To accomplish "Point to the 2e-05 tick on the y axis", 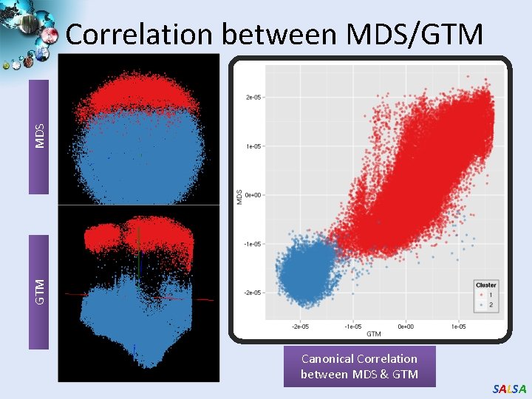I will [253, 97].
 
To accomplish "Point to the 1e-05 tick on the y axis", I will [253, 146].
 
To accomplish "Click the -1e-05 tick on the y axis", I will [253, 244].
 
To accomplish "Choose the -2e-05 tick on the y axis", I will [253, 293].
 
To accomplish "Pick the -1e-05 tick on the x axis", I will [352, 326].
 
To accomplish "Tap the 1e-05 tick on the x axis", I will [457, 326].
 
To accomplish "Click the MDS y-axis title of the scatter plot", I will [239, 195].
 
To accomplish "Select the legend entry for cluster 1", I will [485, 294].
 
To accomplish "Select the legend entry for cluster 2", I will [485, 304].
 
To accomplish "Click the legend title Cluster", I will [485, 284].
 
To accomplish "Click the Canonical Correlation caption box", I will [359, 366].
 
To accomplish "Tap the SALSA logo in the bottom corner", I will [510, 389].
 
